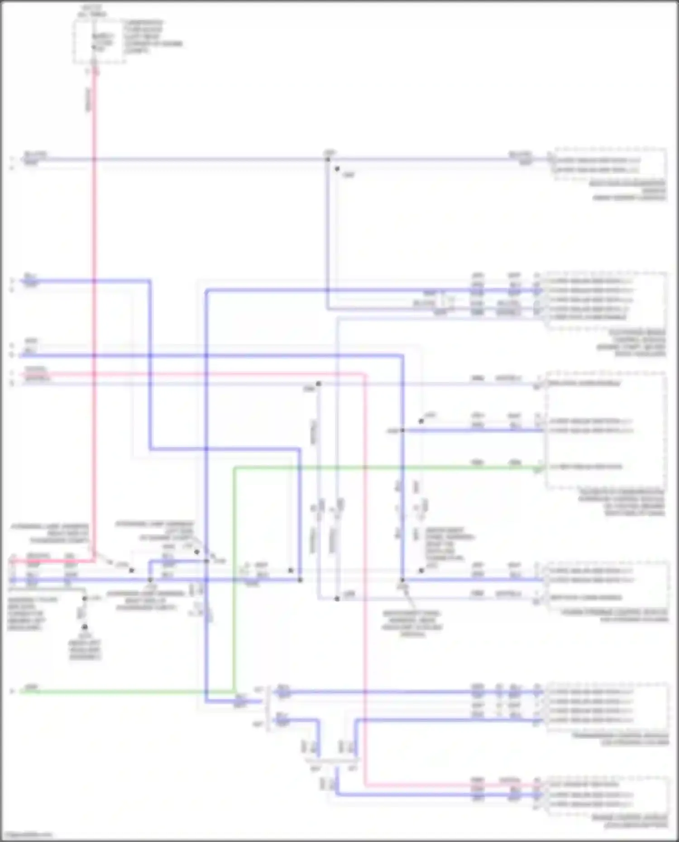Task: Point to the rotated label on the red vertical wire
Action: pos(88,100)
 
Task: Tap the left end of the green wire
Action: pos(22,692)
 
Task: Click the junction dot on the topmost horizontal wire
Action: pos(328,159)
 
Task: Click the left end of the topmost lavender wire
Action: pos(22,159)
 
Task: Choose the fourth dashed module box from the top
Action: pos(607,584)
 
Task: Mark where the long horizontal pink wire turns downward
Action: pos(365,375)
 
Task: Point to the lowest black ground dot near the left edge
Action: pos(84,627)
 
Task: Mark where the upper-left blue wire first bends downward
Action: pos(150,281)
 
